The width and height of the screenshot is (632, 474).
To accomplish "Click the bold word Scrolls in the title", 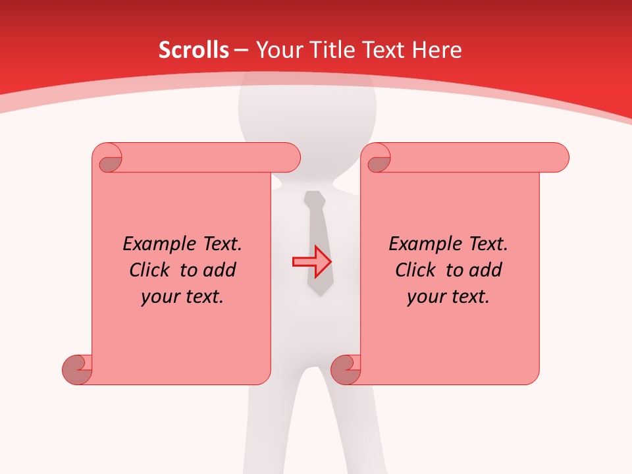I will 194,50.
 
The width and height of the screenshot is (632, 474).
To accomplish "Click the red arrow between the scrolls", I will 312,261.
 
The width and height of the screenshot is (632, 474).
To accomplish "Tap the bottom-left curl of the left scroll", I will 78,369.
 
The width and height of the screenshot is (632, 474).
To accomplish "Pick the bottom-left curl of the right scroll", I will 346,369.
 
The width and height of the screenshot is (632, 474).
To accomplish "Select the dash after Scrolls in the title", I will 241,50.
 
